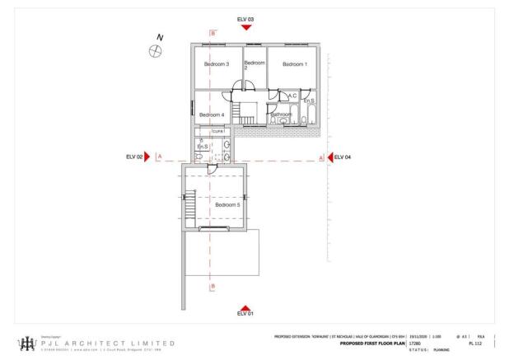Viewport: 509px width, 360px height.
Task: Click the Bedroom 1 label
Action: [x=293, y=64]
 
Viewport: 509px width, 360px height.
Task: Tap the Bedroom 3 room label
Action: [x=216, y=64]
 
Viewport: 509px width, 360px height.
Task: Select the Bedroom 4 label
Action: [x=212, y=115]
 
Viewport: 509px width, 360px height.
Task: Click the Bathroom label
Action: [x=282, y=115]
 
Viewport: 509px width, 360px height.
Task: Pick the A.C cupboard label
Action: [x=292, y=96]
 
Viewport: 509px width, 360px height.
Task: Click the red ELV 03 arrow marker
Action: [x=245, y=27]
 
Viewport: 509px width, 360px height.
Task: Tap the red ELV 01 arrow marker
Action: [x=245, y=306]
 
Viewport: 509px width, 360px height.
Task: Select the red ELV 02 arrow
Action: [x=147, y=157]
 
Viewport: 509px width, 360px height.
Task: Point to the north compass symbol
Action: [x=154, y=52]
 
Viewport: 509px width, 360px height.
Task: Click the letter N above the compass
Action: [x=161, y=37]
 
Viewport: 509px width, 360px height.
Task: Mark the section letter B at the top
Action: [x=212, y=33]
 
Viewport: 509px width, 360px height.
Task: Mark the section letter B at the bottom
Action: [x=212, y=286]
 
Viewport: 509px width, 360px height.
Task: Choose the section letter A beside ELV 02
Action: [x=159, y=157]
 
